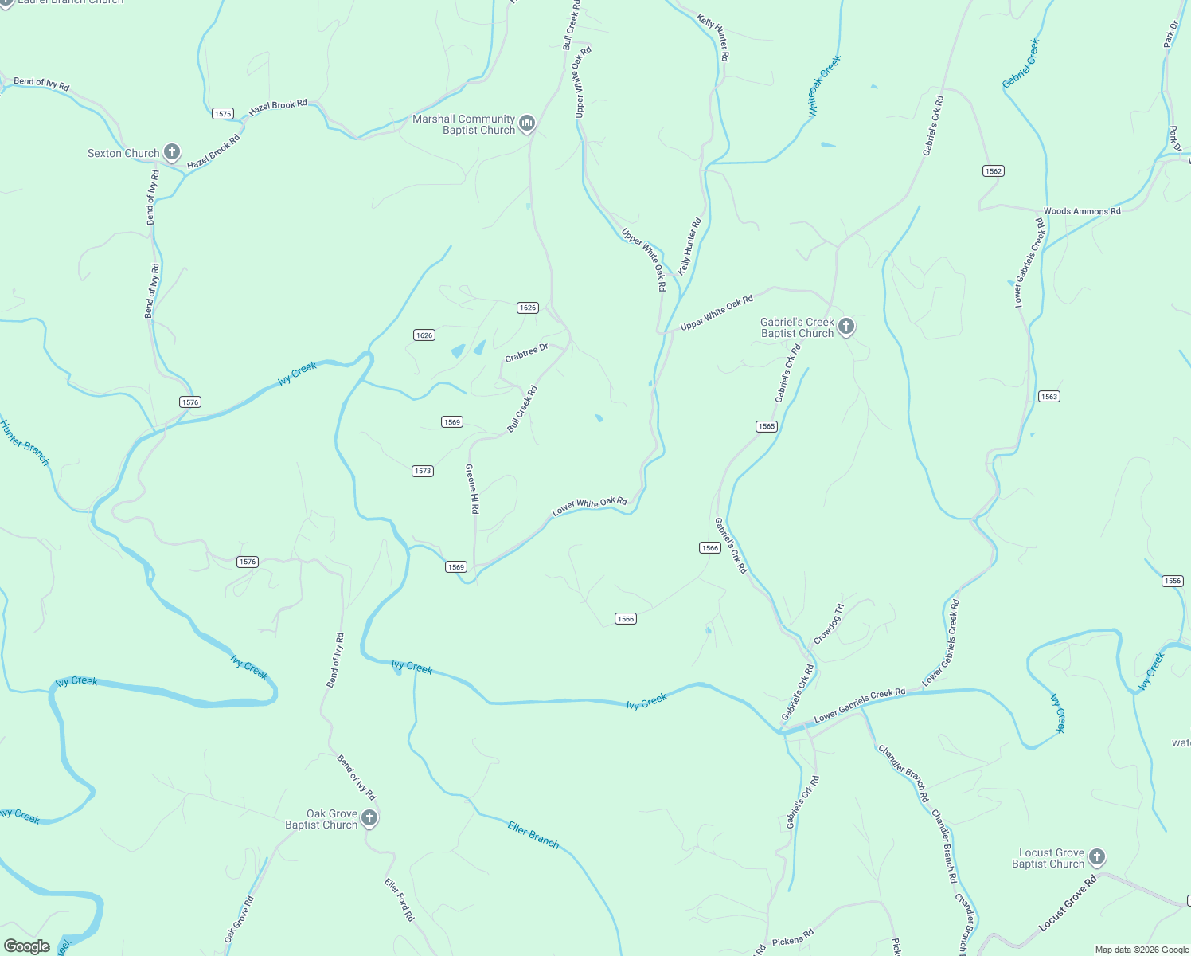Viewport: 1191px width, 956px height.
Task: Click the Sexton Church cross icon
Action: point(171,151)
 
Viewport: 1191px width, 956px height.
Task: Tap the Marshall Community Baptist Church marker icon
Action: point(526,123)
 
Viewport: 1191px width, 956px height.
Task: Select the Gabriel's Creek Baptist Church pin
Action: point(846,326)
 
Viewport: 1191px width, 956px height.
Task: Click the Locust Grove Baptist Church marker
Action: point(1096,857)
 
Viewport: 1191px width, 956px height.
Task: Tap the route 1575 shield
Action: point(223,114)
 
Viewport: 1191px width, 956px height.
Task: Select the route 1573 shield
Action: point(423,471)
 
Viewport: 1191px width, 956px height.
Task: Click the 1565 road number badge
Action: point(767,426)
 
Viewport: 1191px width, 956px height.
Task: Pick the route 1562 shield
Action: point(993,171)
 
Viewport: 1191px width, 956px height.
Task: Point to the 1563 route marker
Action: point(1049,397)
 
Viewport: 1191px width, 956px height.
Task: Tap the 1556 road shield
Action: point(1173,581)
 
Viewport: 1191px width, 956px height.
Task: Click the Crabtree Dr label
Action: point(526,353)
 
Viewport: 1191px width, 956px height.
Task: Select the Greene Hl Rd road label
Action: point(472,488)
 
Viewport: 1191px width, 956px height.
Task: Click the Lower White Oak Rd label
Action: point(590,505)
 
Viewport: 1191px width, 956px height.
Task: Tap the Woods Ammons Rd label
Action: point(1082,211)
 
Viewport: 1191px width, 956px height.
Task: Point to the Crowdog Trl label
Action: point(828,625)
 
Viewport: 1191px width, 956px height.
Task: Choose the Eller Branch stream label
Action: point(533,834)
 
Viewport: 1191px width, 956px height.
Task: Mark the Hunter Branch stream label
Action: point(25,442)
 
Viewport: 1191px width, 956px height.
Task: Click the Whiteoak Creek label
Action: point(824,86)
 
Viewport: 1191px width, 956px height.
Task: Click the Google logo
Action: point(27,946)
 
